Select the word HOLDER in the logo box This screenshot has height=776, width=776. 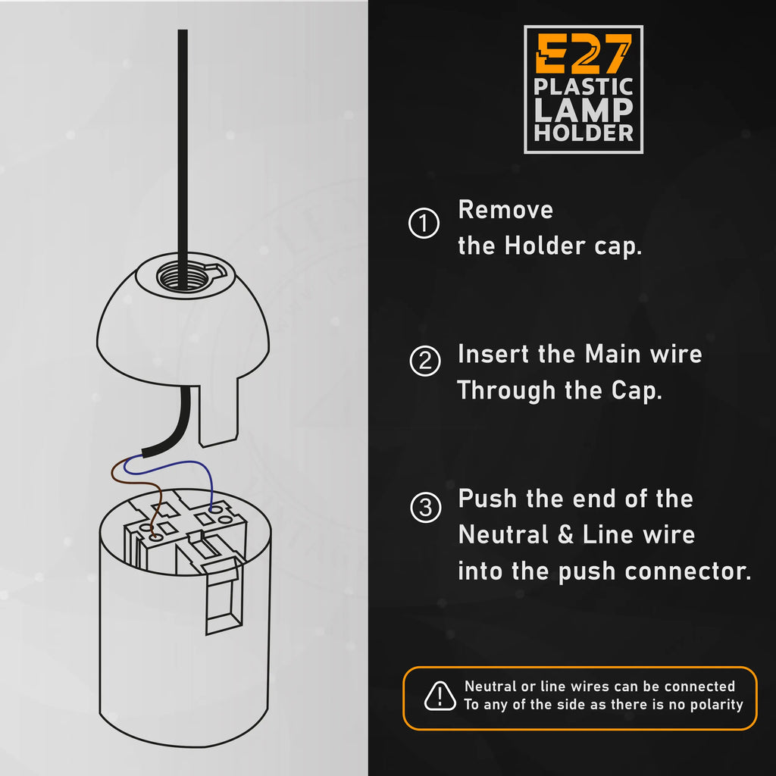(584, 133)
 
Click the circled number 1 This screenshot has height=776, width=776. (424, 224)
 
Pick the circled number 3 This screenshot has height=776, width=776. (424, 507)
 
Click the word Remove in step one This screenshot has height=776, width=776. (505, 210)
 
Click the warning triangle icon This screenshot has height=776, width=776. (440, 696)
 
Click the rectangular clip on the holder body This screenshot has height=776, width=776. (224, 599)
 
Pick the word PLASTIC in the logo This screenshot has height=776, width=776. (584, 86)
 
